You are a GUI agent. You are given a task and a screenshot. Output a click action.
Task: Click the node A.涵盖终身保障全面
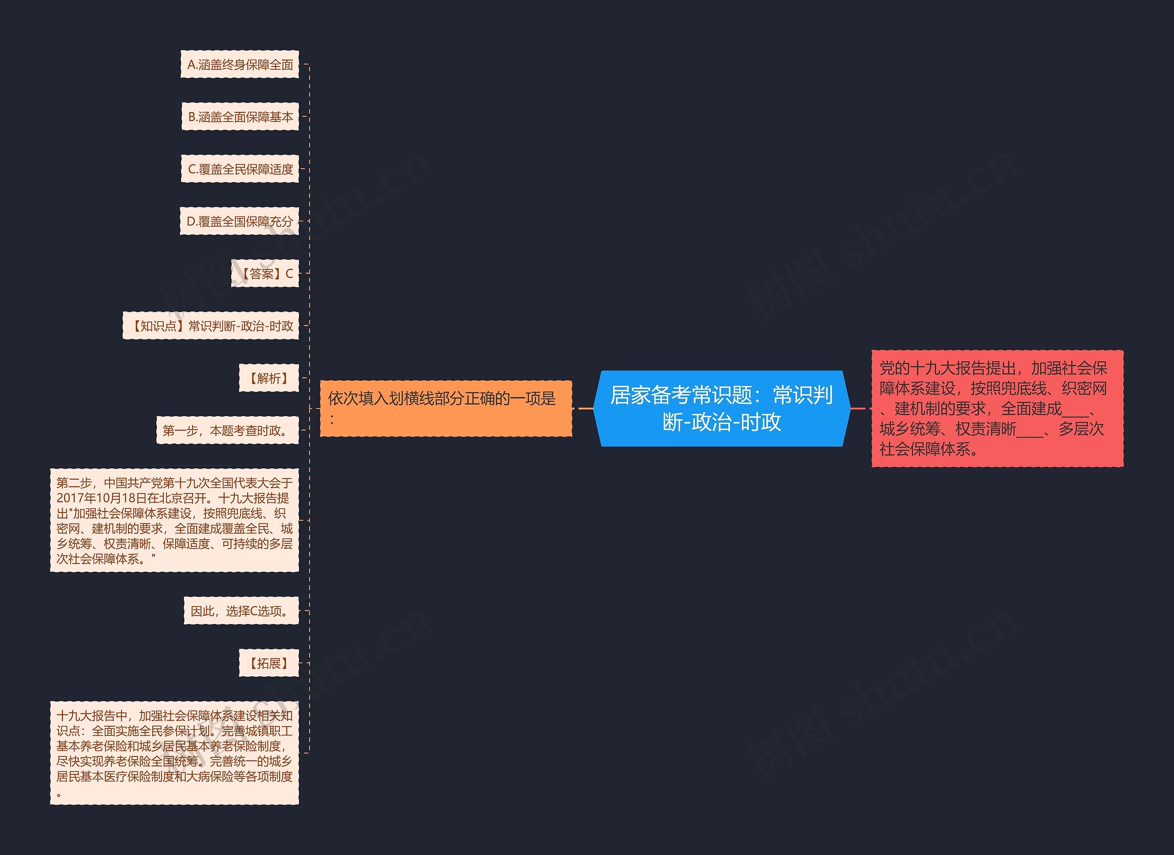240,65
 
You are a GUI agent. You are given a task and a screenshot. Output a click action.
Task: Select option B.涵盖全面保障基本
240,117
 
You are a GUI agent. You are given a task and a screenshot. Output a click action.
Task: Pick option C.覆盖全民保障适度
240,169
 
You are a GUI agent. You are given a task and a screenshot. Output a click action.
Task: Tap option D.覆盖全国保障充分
240,221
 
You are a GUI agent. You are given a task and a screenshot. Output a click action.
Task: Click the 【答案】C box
265,274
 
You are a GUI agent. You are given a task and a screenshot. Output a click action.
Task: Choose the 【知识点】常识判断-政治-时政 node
210,326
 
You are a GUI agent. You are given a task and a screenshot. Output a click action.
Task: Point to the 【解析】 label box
269,378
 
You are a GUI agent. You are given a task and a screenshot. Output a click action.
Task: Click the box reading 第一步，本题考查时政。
228,430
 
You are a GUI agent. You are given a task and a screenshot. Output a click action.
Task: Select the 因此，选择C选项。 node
241,611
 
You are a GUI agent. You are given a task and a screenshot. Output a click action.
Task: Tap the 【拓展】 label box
269,663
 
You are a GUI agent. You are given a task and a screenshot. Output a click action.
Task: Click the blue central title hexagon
721,409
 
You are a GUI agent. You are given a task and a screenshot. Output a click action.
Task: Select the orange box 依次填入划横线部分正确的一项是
446,409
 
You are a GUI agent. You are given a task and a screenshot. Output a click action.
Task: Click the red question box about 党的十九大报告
997,409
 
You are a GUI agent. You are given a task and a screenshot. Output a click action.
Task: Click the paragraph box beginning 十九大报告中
174,753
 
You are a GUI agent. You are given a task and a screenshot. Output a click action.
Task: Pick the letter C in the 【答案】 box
289,274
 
